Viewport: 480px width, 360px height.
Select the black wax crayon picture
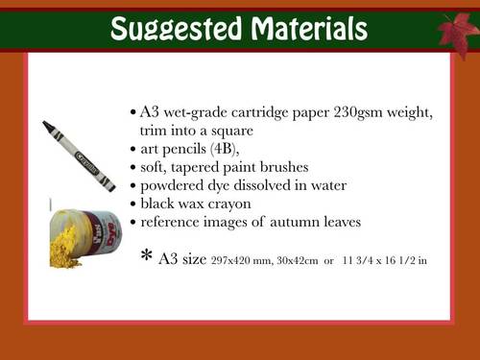[x=74, y=156]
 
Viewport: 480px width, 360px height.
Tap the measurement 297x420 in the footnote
[x=227, y=259]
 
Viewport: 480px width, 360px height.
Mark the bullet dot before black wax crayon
[x=132, y=204]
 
